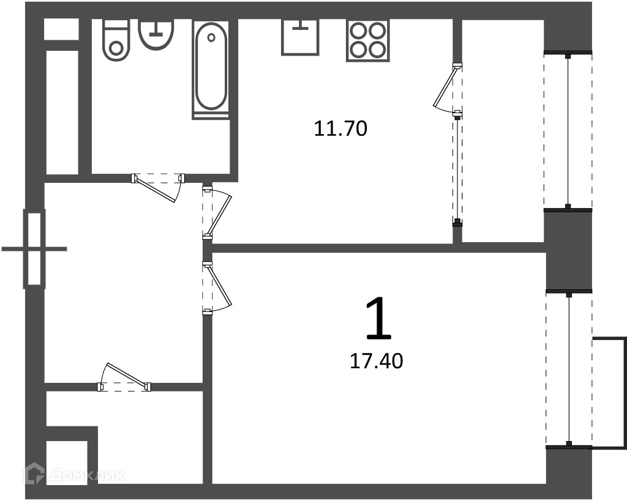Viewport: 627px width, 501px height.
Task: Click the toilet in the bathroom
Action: (x=116, y=40)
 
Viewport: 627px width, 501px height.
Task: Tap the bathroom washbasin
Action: (x=156, y=34)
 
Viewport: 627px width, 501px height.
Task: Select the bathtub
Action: (x=211, y=69)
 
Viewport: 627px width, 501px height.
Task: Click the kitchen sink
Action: (x=300, y=36)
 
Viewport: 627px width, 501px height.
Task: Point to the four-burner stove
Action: (x=368, y=40)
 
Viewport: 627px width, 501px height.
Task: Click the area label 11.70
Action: (x=340, y=129)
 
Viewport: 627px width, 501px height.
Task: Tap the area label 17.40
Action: (x=377, y=361)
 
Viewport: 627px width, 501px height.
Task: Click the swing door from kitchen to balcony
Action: (x=448, y=90)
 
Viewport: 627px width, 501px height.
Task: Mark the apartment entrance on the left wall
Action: (x=34, y=249)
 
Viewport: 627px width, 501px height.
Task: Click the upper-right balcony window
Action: (x=568, y=130)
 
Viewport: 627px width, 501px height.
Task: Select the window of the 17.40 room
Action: (x=569, y=369)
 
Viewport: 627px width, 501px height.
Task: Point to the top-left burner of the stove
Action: (x=358, y=31)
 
